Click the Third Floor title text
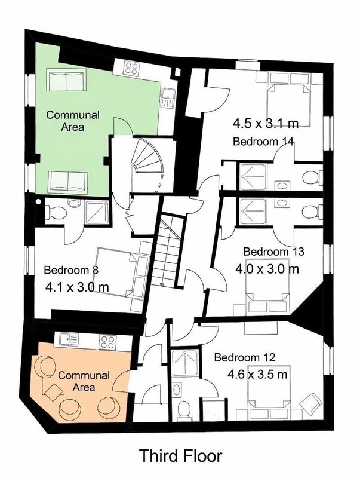(x=181, y=456)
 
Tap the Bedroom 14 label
(x=263, y=142)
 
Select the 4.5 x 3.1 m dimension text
(x=266, y=124)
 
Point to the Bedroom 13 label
(x=274, y=252)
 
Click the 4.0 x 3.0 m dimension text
(x=267, y=269)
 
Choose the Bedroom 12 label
(x=245, y=357)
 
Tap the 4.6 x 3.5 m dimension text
(x=257, y=375)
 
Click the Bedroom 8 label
(x=71, y=270)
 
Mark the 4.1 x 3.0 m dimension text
(x=77, y=287)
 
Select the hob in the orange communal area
(x=108, y=342)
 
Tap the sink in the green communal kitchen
(x=168, y=97)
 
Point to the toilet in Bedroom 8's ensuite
(x=56, y=212)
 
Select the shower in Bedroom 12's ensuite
(x=185, y=363)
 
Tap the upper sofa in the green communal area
(x=66, y=80)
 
